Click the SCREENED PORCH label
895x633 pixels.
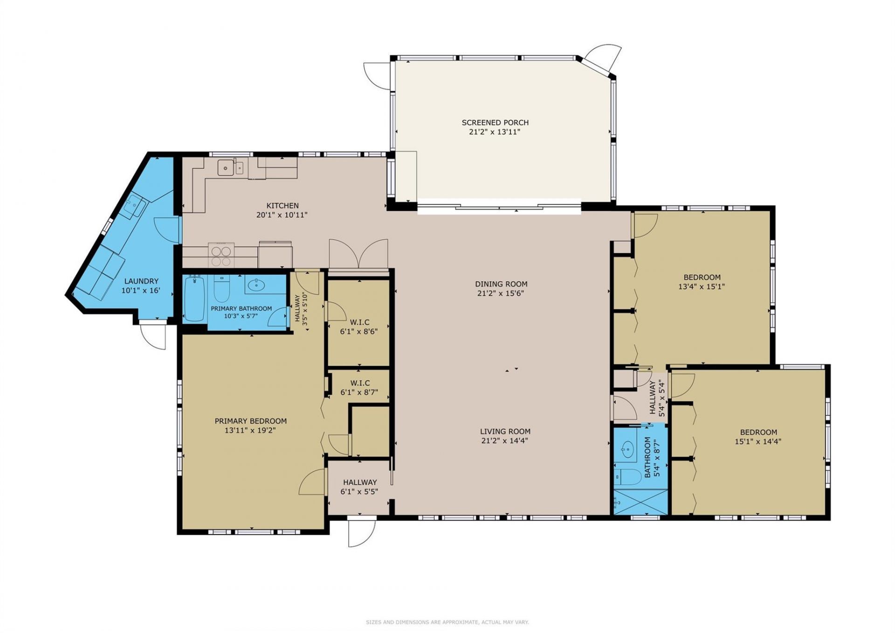pyautogui.click(x=495, y=123)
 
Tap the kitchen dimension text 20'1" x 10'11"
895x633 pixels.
pyautogui.click(x=282, y=215)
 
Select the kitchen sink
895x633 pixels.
pyautogui.click(x=226, y=167)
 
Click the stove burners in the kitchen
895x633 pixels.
pyautogui.click(x=221, y=255)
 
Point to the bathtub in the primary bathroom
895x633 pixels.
pyautogui.click(x=194, y=299)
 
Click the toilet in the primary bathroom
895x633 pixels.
pyautogui.click(x=221, y=289)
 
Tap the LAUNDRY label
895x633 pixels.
pyautogui.click(x=141, y=281)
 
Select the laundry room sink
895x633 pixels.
pyautogui.click(x=136, y=206)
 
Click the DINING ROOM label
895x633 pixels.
pyautogui.click(x=501, y=284)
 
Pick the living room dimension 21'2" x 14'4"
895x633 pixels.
pyautogui.click(x=505, y=440)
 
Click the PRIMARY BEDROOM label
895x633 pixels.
pyautogui.click(x=250, y=421)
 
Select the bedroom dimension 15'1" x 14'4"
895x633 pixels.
pyautogui.click(x=758, y=441)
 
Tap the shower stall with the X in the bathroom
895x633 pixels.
pyautogui.click(x=640, y=502)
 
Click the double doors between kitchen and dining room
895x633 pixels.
pyautogui.click(x=358, y=254)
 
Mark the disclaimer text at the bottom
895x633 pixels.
pyautogui.click(x=447, y=622)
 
